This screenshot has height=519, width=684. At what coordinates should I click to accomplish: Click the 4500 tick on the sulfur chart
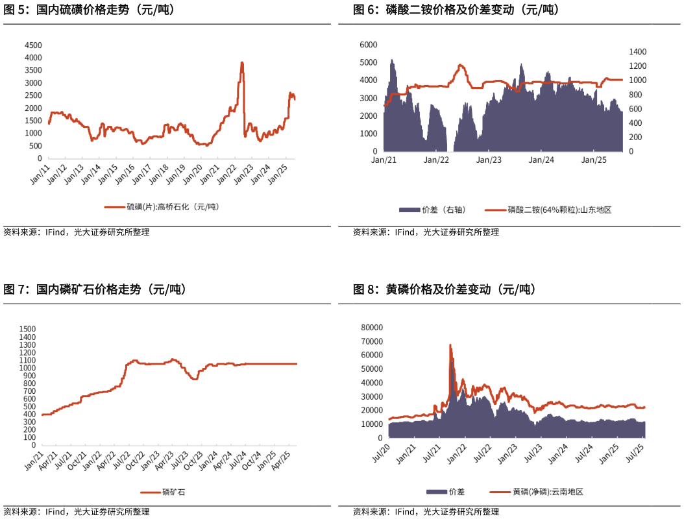[x=33, y=45]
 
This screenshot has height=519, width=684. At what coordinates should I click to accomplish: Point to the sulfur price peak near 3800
[x=242, y=63]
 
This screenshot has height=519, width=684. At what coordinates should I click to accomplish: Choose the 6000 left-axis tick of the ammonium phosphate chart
[x=368, y=45]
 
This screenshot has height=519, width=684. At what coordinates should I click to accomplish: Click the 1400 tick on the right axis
[x=638, y=52]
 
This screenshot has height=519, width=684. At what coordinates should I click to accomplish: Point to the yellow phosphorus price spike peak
[x=450, y=345]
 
